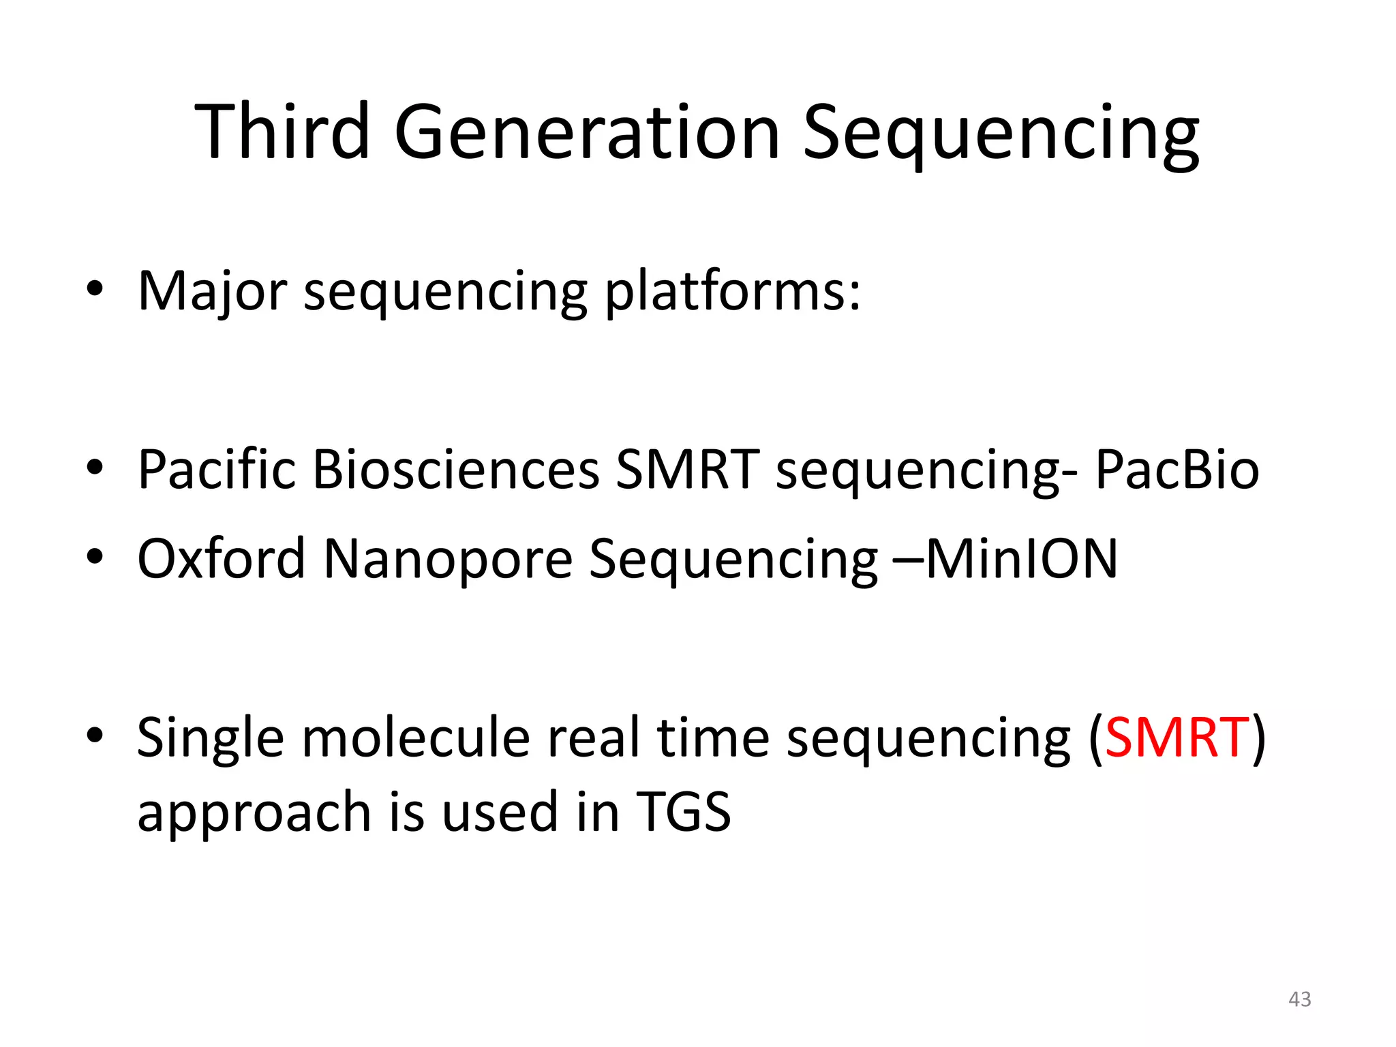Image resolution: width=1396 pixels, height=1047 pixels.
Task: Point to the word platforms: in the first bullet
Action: (733, 292)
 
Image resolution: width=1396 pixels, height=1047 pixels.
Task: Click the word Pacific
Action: (216, 470)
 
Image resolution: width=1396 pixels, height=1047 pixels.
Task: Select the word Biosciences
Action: (455, 470)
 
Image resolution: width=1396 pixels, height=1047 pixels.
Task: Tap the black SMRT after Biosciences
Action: (686, 470)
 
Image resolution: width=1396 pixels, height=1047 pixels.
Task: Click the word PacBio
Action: (1177, 470)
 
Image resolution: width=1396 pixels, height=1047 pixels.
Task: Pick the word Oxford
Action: (221, 558)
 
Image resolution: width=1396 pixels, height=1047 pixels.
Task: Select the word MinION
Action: (1021, 558)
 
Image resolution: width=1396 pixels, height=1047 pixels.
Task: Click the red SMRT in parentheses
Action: (1177, 738)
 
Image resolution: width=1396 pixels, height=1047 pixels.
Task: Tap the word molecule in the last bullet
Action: (416, 738)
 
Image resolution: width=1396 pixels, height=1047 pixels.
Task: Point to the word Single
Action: (210, 739)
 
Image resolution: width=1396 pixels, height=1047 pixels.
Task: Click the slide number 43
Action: (1299, 999)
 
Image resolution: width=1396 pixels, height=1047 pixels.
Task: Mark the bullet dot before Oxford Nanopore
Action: (95, 557)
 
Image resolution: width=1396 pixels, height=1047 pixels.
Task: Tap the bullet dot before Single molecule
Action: (95, 735)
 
